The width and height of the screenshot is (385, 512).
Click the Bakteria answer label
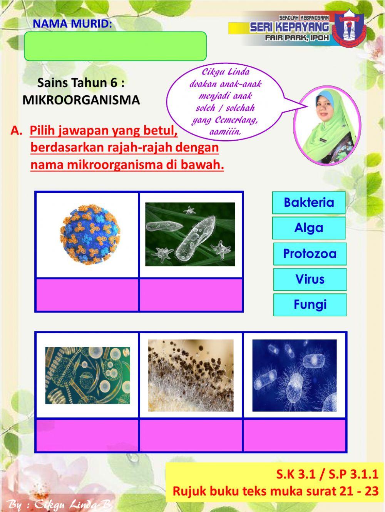[309, 203]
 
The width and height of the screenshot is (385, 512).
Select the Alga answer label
[309, 228]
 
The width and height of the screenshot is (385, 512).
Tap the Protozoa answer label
[310, 254]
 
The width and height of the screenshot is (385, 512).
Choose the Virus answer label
[310, 279]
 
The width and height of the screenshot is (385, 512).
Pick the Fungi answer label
[310, 305]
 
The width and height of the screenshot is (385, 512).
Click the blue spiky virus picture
[90, 234]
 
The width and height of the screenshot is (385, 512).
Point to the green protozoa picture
[190, 234]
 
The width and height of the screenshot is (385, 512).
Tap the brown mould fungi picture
[191, 375]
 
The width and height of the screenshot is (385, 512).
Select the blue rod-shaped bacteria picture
[295, 375]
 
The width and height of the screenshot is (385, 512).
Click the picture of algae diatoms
[87, 375]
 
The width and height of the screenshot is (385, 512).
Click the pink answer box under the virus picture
[87, 294]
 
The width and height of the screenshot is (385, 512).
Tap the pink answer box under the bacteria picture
[295, 435]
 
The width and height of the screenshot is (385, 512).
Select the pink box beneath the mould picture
[191, 435]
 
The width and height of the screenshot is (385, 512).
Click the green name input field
[115, 46]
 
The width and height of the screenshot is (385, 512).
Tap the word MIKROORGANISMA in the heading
[81, 100]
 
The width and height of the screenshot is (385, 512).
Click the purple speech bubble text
[226, 102]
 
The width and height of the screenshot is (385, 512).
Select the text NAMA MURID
[72, 24]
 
